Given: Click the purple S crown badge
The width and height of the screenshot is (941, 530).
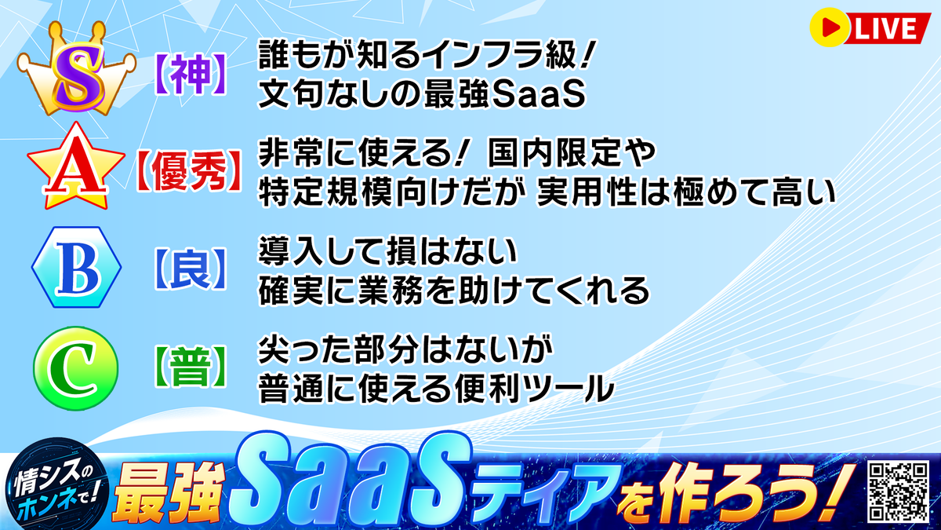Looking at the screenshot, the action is click(x=77, y=69).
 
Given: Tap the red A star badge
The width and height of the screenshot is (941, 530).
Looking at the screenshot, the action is click(x=76, y=167).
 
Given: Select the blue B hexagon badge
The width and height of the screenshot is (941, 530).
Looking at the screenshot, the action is click(x=77, y=267).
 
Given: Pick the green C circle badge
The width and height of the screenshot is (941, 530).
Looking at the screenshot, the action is click(x=75, y=368).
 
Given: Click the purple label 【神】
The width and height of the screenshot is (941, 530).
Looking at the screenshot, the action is click(x=191, y=75).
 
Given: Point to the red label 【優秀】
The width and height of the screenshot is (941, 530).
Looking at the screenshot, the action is click(x=189, y=172).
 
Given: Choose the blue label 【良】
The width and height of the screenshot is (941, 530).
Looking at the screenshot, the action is click(x=191, y=269).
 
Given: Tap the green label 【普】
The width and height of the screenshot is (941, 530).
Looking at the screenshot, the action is click(x=191, y=367).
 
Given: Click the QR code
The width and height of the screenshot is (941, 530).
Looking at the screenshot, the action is click(x=899, y=492).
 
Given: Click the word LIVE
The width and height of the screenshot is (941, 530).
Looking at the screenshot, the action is click(x=885, y=28).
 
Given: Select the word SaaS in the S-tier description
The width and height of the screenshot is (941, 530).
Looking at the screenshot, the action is click(x=539, y=94).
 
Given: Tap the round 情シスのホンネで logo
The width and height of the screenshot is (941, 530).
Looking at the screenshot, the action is click(x=56, y=484).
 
